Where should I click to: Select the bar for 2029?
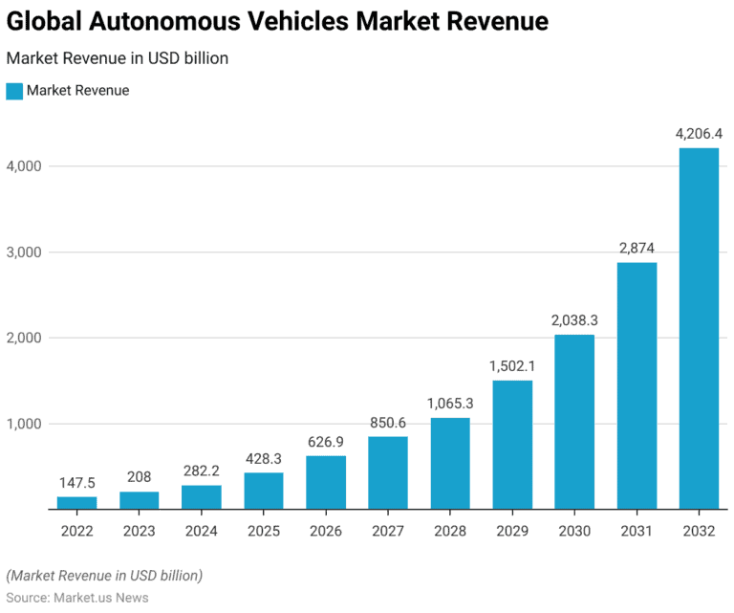pyautogui.click(x=512, y=445)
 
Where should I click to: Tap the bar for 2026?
pyautogui.click(x=326, y=482)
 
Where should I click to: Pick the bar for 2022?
pyautogui.click(x=76, y=502)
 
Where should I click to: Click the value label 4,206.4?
pyautogui.click(x=699, y=134)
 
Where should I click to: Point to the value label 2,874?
pyautogui.click(x=636, y=248)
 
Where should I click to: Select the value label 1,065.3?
pyautogui.click(x=449, y=404)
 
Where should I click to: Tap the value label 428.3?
pyautogui.click(x=263, y=458)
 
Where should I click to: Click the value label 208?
pyautogui.click(x=139, y=476)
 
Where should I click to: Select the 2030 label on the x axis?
pyautogui.click(x=573, y=532)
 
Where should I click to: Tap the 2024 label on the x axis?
pyautogui.click(x=201, y=532)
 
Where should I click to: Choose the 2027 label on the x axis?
pyautogui.click(x=387, y=532)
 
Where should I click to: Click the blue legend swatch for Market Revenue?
pyautogui.click(x=13, y=91)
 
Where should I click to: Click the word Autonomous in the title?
pyautogui.click(x=166, y=22)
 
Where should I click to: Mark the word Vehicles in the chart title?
pyautogui.click(x=306, y=22)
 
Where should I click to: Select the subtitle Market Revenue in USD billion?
pyautogui.click(x=117, y=58)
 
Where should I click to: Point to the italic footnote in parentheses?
pyautogui.click(x=104, y=576)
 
